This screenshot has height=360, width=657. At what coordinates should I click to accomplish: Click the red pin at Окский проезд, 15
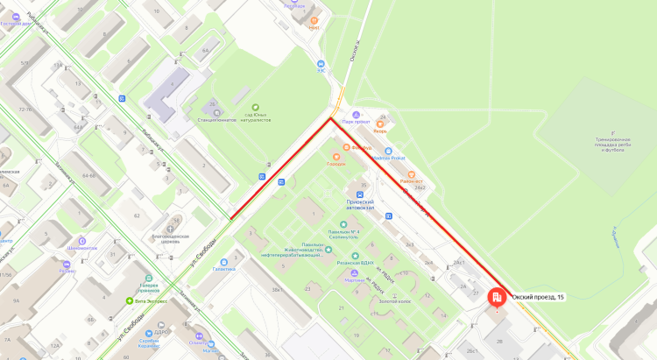coord(497,298)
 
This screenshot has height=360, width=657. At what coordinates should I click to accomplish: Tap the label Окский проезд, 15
coord(538,298)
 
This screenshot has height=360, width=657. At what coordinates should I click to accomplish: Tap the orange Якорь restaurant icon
coord(380,124)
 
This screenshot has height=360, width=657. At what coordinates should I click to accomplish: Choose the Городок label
coord(336,164)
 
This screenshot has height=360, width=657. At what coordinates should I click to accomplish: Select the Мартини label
coord(354,280)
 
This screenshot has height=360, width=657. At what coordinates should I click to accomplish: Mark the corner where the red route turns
coord(330,117)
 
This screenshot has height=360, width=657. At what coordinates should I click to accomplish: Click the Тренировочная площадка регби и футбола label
coord(604,144)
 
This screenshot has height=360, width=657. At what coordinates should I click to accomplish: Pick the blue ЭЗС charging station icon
coord(321,63)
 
